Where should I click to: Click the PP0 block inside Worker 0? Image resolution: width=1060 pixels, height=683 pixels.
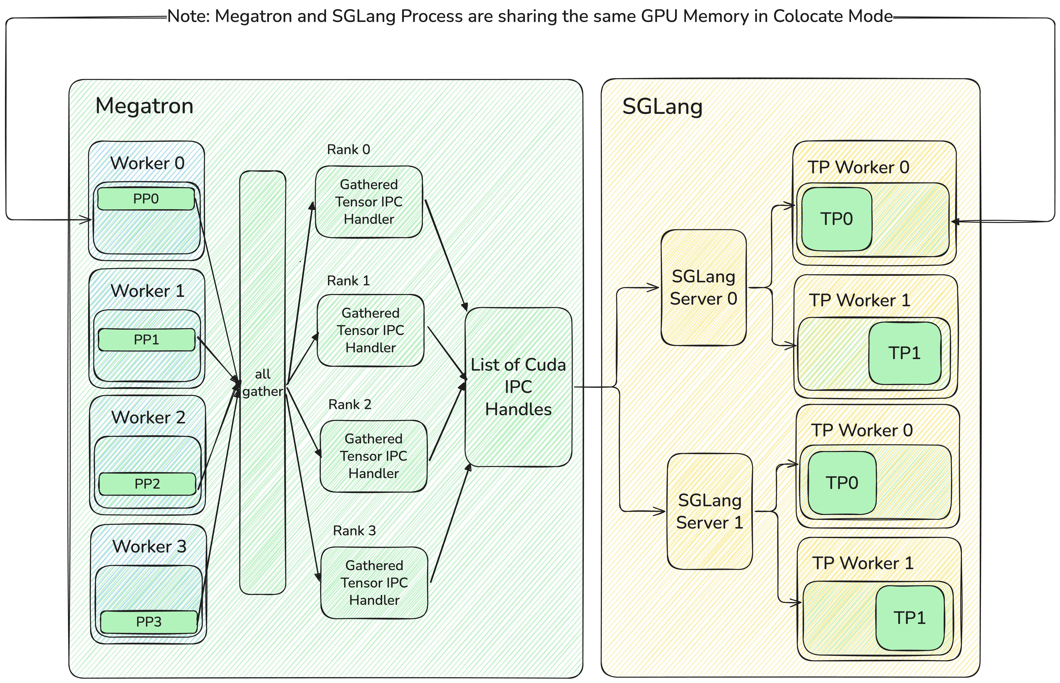click(146, 199)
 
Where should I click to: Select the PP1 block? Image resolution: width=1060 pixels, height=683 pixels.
click(146, 340)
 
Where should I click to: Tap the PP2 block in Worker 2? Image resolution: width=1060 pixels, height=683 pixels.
click(147, 484)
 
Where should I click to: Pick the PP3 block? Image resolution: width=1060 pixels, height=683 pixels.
click(149, 622)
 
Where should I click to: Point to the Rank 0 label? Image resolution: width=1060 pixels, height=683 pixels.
click(348, 150)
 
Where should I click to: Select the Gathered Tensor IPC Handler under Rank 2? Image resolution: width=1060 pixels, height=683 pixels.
click(374, 456)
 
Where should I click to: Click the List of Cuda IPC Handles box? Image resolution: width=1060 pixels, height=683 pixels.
click(518, 387)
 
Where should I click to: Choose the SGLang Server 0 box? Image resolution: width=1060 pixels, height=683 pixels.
click(703, 287)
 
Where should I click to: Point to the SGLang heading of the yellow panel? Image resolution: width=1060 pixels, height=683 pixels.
click(662, 106)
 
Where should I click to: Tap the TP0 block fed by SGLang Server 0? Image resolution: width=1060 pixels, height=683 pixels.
click(836, 219)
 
